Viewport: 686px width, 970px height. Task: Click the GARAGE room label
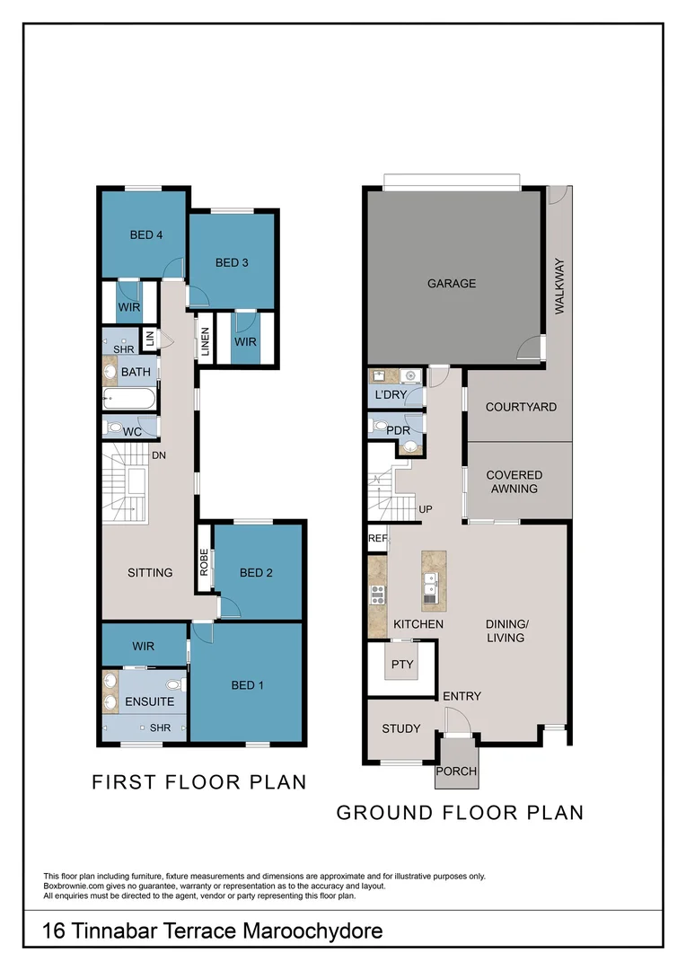pyautogui.click(x=452, y=284)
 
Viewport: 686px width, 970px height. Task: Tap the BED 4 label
pyautogui.click(x=145, y=235)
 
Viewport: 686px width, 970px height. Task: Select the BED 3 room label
pyautogui.click(x=232, y=263)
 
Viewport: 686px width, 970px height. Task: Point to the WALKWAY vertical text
pyautogui.click(x=559, y=286)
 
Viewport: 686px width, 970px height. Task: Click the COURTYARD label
pyautogui.click(x=520, y=407)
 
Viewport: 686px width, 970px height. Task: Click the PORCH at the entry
pyautogui.click(x=456, y=771)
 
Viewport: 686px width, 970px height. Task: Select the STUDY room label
pyautogui.click(x=400, y=728)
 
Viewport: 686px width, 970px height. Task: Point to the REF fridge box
pyautogui.click(x=376, y=539)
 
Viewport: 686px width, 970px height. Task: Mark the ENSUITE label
pyautogui.click(x=150, y=701)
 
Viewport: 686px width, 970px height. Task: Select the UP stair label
pyautogui.click(x=427, y=509)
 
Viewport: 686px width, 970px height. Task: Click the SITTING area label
pyautogui.click(x=150, y=572)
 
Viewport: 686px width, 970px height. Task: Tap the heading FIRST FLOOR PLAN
pyautogui.click(x=198, y=782)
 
